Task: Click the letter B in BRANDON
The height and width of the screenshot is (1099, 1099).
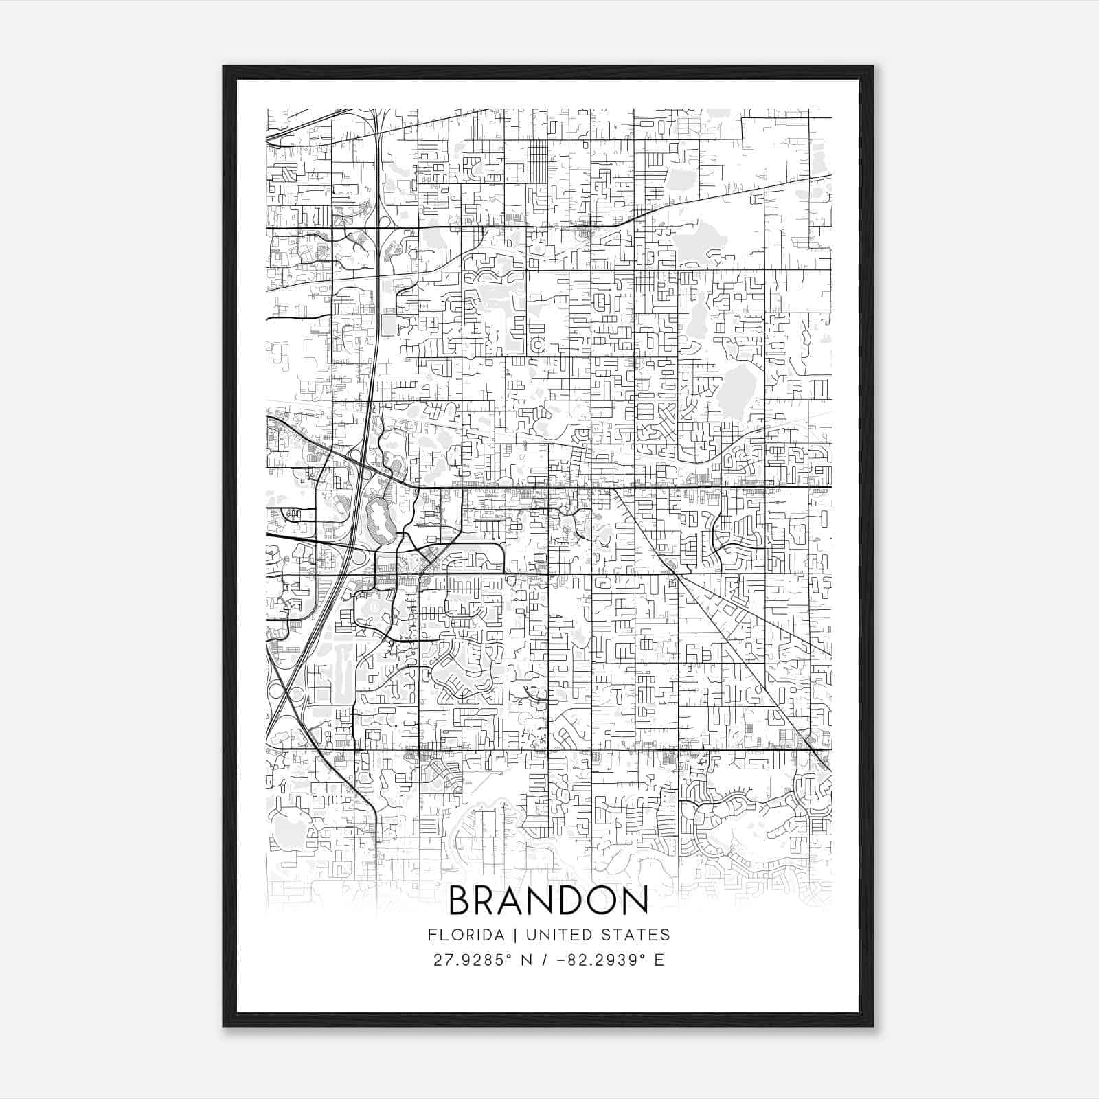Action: click(x=462, y=901)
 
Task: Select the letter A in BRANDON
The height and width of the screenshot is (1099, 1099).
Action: click(x=512, y=901)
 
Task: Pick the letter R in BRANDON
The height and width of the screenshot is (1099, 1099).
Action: click(x=486, y=901)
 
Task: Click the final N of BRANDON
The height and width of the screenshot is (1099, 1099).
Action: click(x=634, y=901)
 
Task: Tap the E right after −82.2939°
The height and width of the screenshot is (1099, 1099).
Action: click(x=659, y=960)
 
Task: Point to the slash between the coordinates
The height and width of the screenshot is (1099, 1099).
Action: click(x=545, y=960)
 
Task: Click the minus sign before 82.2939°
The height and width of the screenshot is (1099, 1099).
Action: click(x=562, y=960)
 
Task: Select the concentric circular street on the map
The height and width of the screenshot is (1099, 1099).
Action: click(x=538, y=343)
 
